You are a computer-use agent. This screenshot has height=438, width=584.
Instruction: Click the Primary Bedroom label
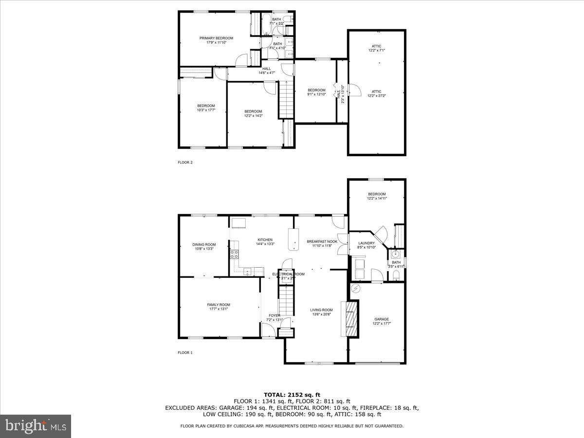click(216, 38)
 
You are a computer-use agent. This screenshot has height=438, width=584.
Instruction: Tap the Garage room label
click(381, 319)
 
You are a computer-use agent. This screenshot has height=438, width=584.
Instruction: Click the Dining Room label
click(203, 245)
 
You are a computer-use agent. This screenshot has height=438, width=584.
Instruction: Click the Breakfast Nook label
click(322, 241)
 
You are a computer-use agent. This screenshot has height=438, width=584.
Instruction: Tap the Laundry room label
click(366, 243)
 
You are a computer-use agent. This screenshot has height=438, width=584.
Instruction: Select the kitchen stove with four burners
click(235, 253)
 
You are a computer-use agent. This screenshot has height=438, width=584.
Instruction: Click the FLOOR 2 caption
click(185, 163)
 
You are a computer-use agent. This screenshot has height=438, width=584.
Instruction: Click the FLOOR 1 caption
click(185, 353)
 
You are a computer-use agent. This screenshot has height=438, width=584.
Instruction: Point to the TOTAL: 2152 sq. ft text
click(292, 394)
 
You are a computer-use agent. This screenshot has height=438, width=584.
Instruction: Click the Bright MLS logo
click(36, 426)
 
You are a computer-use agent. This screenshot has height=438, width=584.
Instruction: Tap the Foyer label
click(274, 315)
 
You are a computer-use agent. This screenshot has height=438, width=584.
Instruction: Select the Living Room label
click(321, 310)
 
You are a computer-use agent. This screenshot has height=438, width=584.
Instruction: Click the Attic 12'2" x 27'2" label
click(376, 91)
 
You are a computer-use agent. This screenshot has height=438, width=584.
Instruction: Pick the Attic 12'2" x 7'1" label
click(376, 46)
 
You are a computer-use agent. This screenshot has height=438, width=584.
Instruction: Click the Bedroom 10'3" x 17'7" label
click(206, 106)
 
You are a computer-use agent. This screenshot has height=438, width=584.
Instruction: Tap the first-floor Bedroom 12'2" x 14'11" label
click(376, 194)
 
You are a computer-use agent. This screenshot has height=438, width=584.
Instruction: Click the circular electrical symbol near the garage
click(356, 289)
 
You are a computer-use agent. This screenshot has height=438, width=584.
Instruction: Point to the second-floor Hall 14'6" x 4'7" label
click(267, 69)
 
